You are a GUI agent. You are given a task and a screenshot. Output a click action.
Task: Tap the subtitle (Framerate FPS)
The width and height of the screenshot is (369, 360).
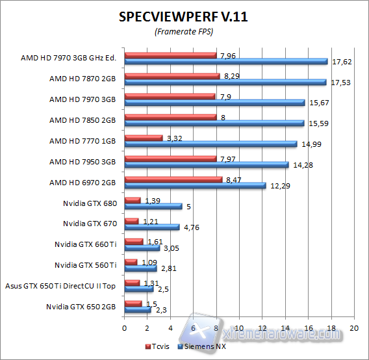pos(184,32)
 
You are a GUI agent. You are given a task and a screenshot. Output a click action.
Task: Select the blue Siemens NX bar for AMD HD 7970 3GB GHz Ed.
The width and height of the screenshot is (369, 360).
pos(225,61)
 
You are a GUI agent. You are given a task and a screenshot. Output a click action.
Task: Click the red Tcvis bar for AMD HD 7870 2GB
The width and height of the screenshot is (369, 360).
pos(172,76)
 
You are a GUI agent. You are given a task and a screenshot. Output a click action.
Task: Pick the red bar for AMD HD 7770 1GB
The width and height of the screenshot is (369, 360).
pos(144,138)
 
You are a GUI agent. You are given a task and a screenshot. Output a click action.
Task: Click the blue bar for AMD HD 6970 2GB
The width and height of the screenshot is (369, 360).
pos(195,186)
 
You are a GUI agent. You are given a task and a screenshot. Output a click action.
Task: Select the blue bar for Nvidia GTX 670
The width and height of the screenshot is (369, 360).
pos(152,227)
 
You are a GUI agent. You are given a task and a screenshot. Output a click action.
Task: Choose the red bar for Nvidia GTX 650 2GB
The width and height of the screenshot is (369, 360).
pos(133,303)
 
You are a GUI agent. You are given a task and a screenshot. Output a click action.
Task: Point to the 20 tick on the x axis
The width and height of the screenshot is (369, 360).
pos(353,328)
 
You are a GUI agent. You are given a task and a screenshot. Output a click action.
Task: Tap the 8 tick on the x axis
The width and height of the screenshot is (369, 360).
pos(216,328)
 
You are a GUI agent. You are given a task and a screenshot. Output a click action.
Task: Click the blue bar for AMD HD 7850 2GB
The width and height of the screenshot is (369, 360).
pos(214,123)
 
